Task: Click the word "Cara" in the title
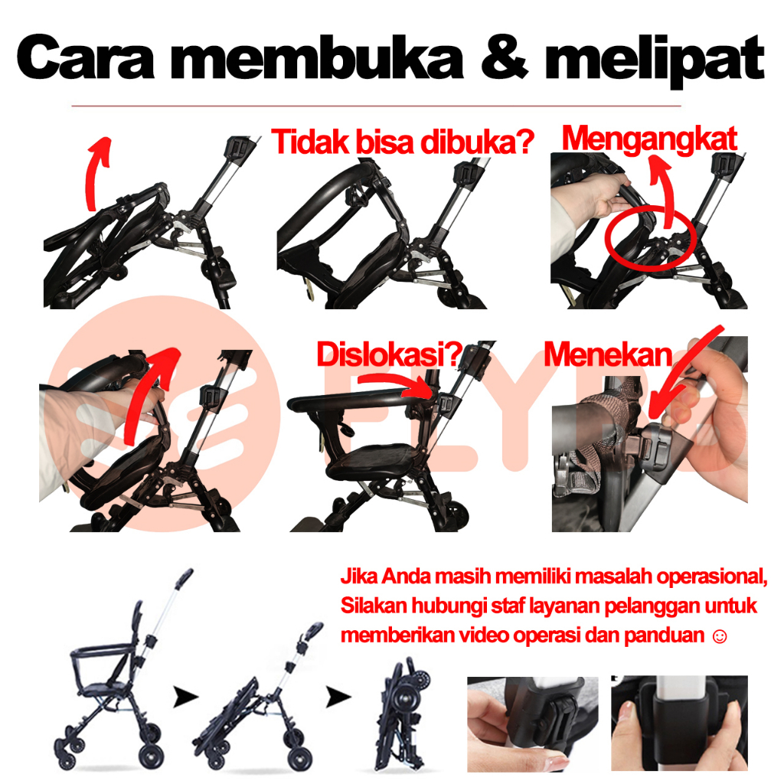click(86, 57)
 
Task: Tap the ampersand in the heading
click(504, 57)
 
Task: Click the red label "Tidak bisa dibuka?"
click(403, 142)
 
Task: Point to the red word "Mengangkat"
click(649, 139)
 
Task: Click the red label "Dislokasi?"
click(390, 354)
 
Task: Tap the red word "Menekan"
click(608, 354)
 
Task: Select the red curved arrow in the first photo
click(92, 175)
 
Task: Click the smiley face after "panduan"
click(720, 636)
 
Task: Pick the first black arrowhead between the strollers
click(185, 697)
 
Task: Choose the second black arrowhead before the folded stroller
click(338, 697)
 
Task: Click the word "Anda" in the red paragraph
click(406, 577)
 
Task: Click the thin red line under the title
click(376, 106)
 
